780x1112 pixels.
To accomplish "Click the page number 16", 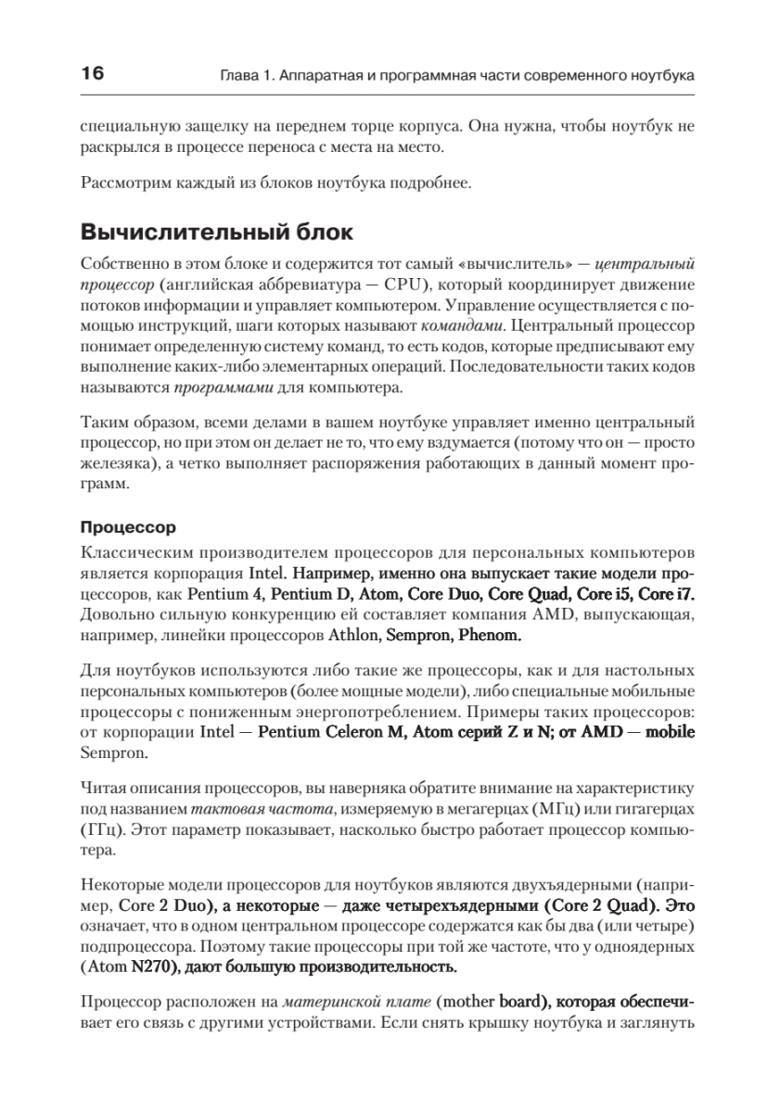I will tap(94, 73).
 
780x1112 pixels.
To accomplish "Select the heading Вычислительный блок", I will tap(217, 232).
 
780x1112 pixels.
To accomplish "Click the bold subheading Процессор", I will tap(128, 528).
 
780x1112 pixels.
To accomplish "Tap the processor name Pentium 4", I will tap(228, 591).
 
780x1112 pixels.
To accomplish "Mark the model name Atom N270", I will tap(129, 965).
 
